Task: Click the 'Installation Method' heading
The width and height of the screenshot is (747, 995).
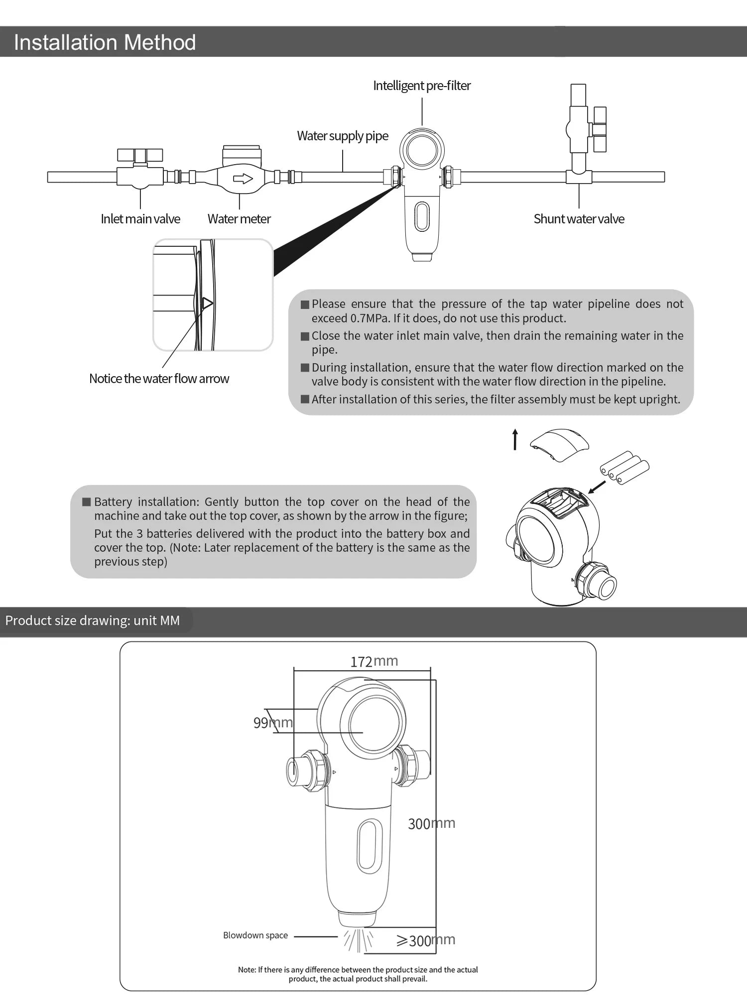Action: (105, 42)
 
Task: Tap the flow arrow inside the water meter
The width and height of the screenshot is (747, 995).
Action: (243, 178)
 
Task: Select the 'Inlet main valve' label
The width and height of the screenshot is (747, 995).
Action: (140, 219)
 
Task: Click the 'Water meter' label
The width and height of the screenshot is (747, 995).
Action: (239, 219)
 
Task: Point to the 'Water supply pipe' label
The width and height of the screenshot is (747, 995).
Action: (343, 136)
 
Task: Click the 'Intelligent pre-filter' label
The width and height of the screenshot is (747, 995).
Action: (422, 86)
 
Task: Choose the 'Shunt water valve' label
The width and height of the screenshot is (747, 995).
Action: (579, 219)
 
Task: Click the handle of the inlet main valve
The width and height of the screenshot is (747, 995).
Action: (140, 155)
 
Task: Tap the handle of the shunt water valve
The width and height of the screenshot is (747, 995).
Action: (600, 129)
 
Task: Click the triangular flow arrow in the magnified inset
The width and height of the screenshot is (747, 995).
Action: (207, 303)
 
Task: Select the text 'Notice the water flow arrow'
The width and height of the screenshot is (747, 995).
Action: (159, 379)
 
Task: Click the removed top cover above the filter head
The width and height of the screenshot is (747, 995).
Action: (559, 444)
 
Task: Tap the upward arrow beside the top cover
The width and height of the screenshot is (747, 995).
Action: (515, 439)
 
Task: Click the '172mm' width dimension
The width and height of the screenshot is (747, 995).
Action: (373, 661)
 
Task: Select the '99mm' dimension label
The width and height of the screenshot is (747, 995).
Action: (273, 722)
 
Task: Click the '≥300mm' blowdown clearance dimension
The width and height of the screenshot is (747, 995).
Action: (426, 940)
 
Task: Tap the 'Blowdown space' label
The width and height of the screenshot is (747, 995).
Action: (255, 935)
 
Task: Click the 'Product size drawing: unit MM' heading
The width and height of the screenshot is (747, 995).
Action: (93, 621)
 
